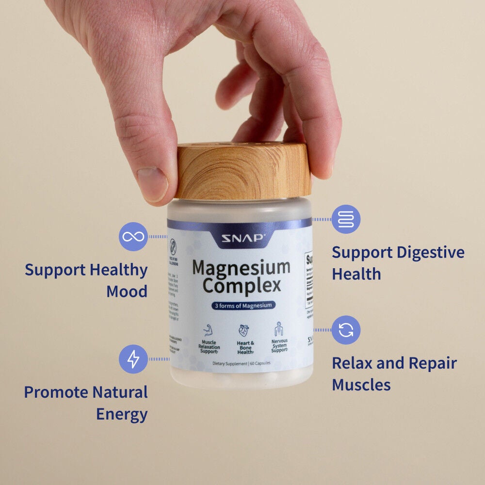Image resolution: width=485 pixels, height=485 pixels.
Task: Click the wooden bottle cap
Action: click(x=242, y=171)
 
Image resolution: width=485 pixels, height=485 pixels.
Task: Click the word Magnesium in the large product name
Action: click(x=241, y=267)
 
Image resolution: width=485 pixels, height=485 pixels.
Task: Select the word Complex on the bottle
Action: click(x=241, y=286)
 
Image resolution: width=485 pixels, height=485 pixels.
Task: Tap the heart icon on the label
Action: click(x=243, y=330)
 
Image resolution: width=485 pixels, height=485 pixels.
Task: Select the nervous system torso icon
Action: click(x=279, y=329)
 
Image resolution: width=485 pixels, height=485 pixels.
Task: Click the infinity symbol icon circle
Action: click(x=133, y=237)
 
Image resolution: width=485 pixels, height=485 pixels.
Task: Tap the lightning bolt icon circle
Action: click(x=133, y=359)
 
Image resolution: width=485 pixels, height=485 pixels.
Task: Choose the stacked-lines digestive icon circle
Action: click(x=346, y=219)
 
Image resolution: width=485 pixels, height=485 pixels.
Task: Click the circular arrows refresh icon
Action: click(x=346, y=330)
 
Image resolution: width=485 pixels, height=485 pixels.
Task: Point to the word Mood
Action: click(x=127, y=292)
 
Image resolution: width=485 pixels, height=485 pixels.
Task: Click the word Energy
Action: click(x=122, y=415)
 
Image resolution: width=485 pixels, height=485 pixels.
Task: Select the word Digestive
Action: click(x=430, y=253)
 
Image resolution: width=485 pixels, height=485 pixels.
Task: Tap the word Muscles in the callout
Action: click(x=361, y=385)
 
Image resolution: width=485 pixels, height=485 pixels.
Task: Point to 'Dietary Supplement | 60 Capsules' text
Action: click(x=241, y=363)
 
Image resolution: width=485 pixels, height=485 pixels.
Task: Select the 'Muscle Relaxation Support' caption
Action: click(x=209, y=347)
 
